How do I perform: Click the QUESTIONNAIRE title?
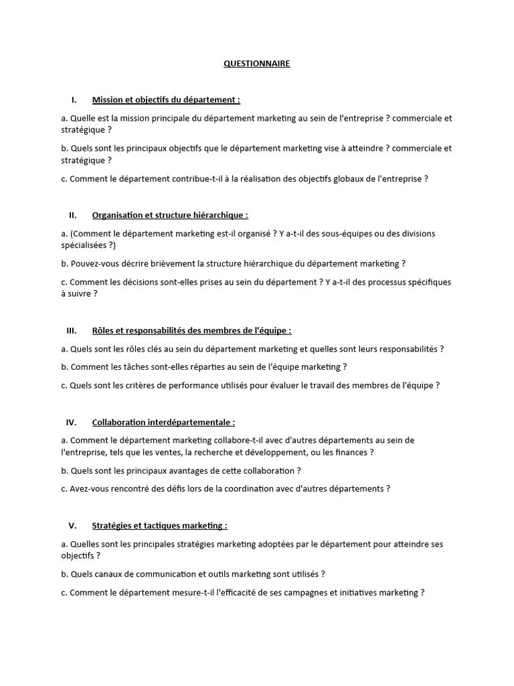[257, 64]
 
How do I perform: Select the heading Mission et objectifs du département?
[166, 100]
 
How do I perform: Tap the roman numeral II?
[73, 215]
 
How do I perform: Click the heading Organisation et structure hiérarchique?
[170, 215]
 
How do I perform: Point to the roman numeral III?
[72, 330]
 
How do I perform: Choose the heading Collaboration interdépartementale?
[163, 422]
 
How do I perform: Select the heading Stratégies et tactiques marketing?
[159, 525]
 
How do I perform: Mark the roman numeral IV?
[72, 422]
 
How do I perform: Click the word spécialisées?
[84, 245]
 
